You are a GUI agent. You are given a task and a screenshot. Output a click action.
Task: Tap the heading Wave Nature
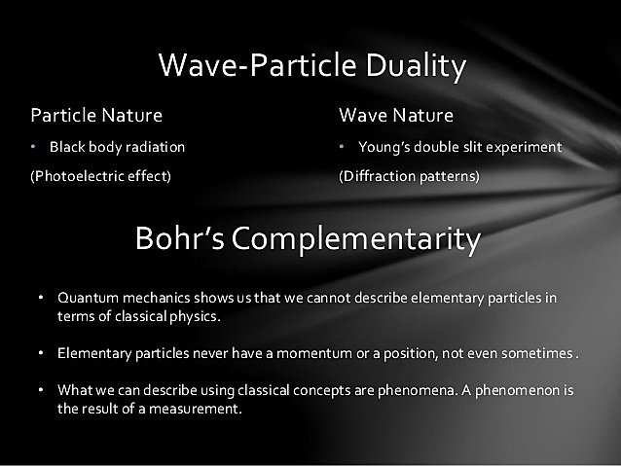pos(395,116)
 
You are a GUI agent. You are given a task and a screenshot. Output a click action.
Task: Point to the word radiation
pos(153,148)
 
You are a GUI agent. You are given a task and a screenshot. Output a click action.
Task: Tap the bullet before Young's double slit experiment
pos(343,148)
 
